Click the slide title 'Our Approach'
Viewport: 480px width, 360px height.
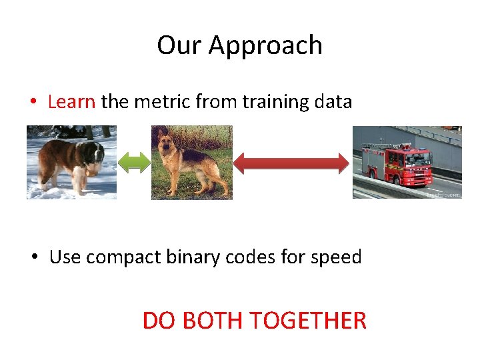click(x=240, y=45)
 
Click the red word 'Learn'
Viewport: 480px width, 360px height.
click(x=72, y=102)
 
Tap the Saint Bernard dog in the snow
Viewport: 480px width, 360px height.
click(x=70, y=161)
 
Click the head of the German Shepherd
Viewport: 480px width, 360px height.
click(x=166, y=142)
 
